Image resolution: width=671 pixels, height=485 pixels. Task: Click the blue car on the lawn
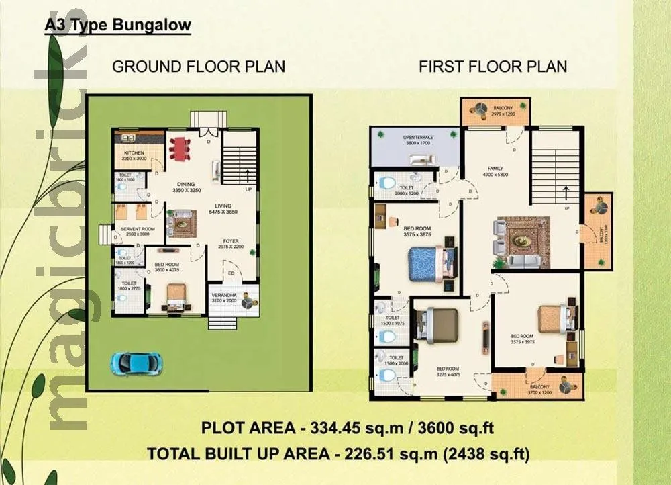pos(136,363)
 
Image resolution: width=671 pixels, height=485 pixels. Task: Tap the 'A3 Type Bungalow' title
pos(117,26)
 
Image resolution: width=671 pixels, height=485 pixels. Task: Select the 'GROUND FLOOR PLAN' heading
pos(199,66)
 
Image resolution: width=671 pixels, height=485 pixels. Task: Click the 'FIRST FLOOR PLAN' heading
pos(493,66)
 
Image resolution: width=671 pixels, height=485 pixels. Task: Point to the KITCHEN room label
pos(134,154)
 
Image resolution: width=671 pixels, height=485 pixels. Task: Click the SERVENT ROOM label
pos(138,230)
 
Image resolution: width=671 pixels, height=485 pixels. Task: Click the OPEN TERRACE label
pos(418,138)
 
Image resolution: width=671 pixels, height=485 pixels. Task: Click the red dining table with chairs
pos(180,148)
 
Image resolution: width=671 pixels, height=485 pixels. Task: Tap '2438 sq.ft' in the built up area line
pos(488,455)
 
